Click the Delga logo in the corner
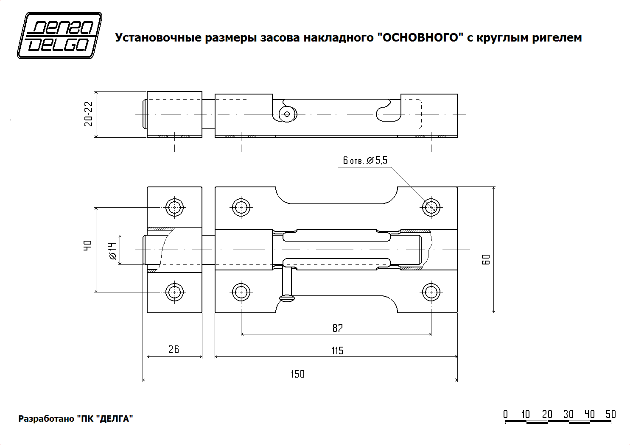59,36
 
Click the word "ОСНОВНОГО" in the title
418,38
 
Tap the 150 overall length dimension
297,374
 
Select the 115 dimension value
337,350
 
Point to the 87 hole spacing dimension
337,328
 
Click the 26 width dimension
174,349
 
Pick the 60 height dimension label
486,259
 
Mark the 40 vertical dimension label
88,245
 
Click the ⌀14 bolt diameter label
112,250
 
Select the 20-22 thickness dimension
88,114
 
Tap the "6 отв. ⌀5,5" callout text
365,160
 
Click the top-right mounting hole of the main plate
431,207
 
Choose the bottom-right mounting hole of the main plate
431,292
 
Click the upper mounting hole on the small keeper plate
174,207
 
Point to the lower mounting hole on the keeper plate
174,292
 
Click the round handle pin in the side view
287,114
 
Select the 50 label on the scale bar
610,414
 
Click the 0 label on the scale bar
505,414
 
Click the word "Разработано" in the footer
46,419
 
